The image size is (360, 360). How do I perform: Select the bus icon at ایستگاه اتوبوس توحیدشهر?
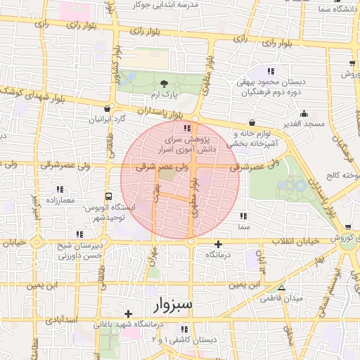tap(108, 197)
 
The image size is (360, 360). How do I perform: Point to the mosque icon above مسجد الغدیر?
tap(304, 113)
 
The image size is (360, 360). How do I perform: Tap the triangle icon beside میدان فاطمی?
tap(282, 288)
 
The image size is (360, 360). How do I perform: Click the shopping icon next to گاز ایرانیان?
tap(107, 108)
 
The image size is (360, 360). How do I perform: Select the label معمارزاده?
tap(58, 200)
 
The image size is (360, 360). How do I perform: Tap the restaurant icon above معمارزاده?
tap(60, 189)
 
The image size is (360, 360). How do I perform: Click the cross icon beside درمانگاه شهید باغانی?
tap(127, 314)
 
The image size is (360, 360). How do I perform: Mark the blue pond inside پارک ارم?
tap(129, 77)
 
